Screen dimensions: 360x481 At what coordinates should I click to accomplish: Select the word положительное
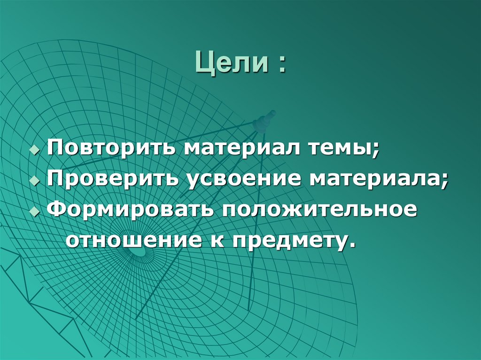coord(316,210)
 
